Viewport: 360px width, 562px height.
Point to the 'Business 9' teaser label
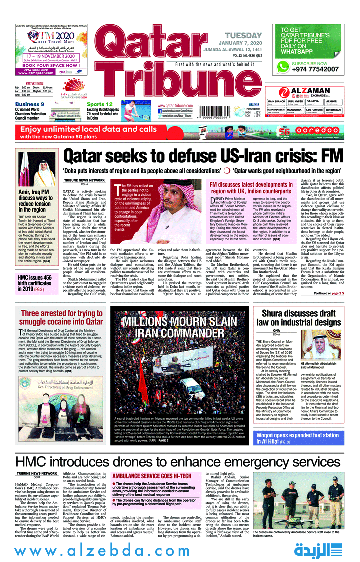coord(30,104)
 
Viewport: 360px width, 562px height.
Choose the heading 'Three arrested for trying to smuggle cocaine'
coord(62,318)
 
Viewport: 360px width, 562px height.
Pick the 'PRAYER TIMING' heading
coord(35,83)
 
